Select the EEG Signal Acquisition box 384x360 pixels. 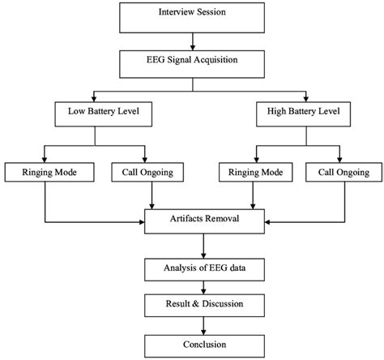click(x=192, y=61)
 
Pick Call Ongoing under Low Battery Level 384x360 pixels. click(x=146, y=172)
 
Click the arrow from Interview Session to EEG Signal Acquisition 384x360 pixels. click(x=192, y=39)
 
